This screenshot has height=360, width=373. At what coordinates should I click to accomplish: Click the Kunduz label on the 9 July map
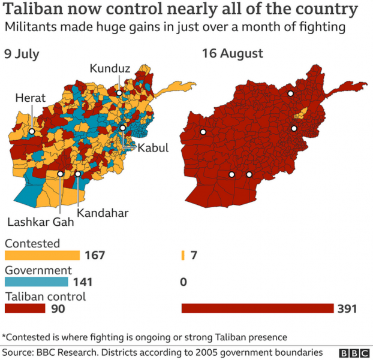109,69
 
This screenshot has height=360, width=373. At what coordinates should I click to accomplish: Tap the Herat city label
30,98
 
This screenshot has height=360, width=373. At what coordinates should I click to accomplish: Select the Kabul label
153,148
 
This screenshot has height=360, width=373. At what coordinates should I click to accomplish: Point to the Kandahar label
103,212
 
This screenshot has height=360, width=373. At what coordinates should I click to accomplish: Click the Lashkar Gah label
40,222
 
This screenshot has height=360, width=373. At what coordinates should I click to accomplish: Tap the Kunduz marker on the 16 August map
291,93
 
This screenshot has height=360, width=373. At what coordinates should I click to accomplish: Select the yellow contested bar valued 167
42,255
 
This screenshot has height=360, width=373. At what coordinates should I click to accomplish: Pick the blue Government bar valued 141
37,282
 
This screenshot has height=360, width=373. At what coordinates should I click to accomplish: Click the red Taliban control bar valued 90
25,308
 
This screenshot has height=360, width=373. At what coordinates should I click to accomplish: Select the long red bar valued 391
257,308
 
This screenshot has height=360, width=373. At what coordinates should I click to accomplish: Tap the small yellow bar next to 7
183,255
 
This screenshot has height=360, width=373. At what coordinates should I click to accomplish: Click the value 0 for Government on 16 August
184,282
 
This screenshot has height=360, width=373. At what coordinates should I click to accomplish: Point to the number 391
347,308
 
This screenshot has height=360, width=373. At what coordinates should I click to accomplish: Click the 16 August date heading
232,53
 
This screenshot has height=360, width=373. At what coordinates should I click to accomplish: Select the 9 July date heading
22,53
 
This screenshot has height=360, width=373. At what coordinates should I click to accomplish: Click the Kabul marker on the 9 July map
122,128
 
